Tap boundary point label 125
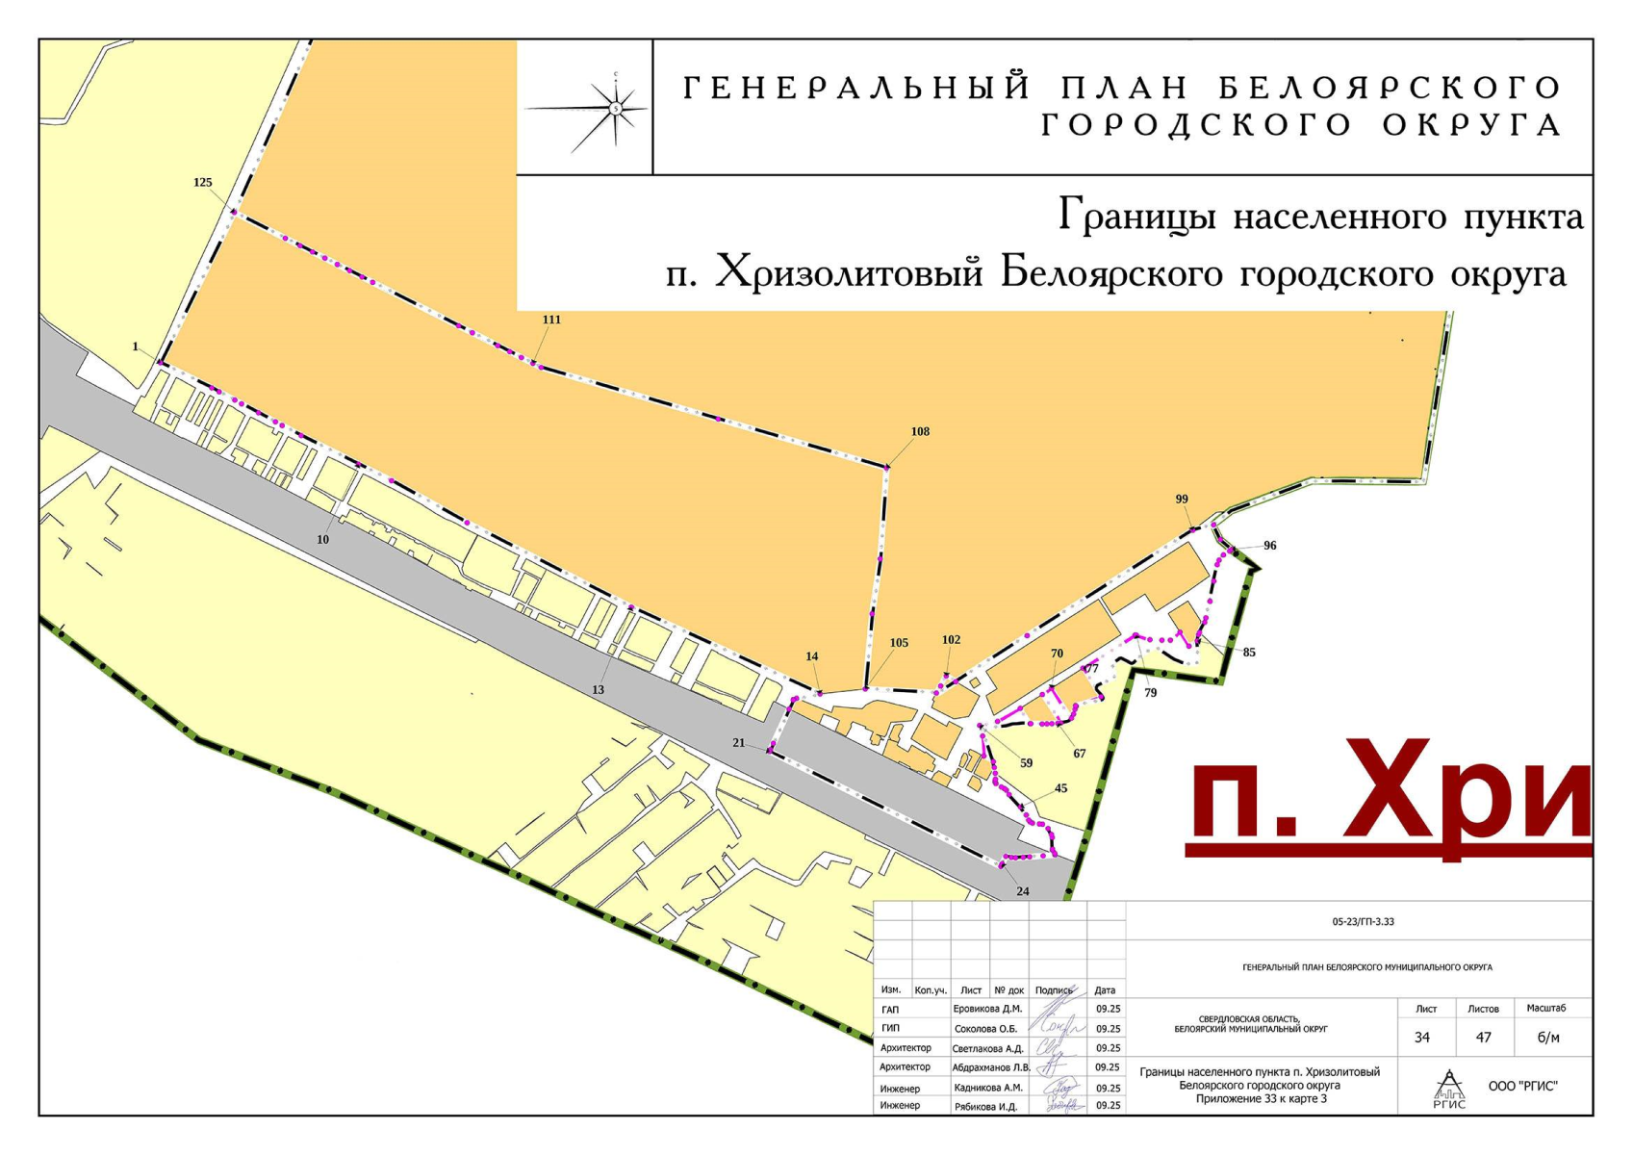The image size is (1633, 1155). pos(202,183)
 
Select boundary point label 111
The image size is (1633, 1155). pos(551,320)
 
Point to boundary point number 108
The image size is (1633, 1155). pos(920,432)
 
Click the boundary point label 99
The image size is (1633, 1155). pos(1182,500)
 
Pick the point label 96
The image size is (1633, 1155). pos(1269,546)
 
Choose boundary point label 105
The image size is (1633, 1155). pos(899,643)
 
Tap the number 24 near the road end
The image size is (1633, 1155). pos(1022,891)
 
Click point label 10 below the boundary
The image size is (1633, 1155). pos(322,540)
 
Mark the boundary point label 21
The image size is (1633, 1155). pos(739,743)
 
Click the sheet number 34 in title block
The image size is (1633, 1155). pos(1422,1038)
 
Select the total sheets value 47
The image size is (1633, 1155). pos(1483,1038)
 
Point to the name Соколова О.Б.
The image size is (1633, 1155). pos(985,1029)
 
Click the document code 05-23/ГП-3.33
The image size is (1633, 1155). pos(1363,922)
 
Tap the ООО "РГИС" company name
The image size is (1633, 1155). pos(1522,1087)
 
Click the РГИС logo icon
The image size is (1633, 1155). pos(1449,1089)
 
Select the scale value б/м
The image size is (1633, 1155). pos(1548,1038)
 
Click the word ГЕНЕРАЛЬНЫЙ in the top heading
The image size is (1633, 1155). pos(855,89)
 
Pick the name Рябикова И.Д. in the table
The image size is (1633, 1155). pos(985,1107)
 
